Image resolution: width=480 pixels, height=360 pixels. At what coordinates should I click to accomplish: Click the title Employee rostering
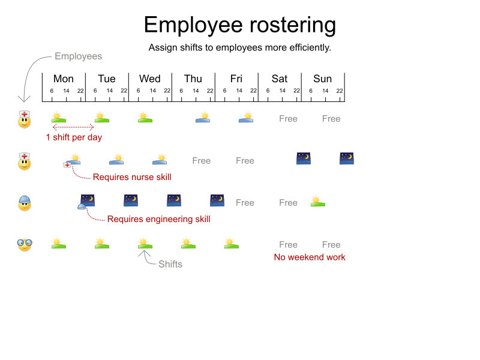point(240,25)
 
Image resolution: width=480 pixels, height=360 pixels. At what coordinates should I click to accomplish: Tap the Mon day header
point(64,79)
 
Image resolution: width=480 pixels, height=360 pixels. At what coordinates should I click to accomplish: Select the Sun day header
point(323,79)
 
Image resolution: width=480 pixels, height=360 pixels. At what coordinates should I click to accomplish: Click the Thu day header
point(193,79)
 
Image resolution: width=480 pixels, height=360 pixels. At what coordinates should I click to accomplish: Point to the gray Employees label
point(78,56)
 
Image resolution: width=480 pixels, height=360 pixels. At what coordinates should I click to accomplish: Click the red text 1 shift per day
point(74,137)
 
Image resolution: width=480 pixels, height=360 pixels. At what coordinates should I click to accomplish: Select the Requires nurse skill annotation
point(132,177)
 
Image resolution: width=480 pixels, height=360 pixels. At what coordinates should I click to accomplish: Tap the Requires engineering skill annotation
point(158,219)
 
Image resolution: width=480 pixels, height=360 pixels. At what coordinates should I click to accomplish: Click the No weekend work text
point(310,257)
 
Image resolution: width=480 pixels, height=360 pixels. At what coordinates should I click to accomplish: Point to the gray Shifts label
point(170,264)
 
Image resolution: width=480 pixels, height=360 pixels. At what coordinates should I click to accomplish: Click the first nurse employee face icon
point(24,119)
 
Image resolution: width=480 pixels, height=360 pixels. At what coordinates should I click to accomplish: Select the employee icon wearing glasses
point(24,244)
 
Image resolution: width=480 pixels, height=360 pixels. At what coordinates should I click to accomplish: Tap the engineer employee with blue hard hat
point(24,203)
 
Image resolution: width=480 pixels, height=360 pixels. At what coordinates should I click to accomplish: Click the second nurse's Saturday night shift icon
point(304,158)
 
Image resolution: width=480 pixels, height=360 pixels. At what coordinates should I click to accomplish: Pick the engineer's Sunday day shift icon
point(318,202)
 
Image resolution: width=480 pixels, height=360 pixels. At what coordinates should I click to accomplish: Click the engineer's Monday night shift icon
point(88,200)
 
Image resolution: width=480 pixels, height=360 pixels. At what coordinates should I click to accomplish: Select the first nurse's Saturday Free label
point(288,119)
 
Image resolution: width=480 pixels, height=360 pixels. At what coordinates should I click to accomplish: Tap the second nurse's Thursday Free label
point(202,161)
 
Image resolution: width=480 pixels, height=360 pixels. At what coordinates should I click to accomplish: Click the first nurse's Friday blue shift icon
point(246,118)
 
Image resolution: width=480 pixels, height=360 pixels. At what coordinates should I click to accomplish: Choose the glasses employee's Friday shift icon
point(232,244)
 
